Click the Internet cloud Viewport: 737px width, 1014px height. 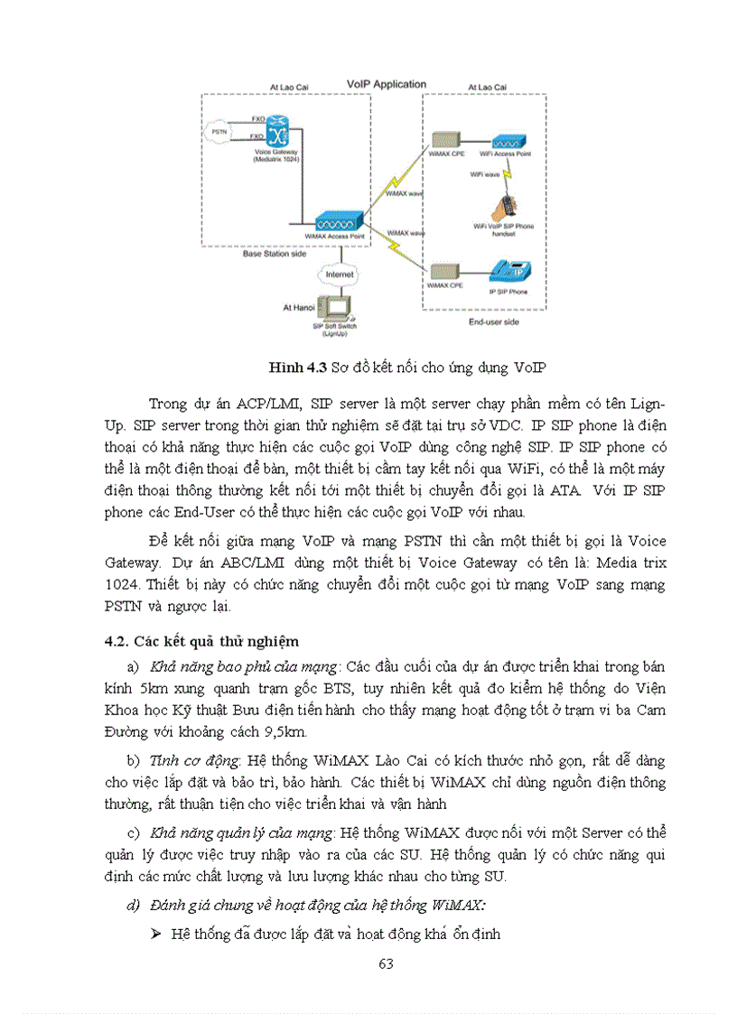click(338, 273)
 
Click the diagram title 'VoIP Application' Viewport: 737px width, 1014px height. click(387, 85)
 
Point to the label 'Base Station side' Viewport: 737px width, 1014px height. click(275, 254)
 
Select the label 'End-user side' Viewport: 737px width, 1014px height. click(493, 321)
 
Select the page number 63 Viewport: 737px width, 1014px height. click(386, 963)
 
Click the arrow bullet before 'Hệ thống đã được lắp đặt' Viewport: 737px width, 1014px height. click(154, 934)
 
